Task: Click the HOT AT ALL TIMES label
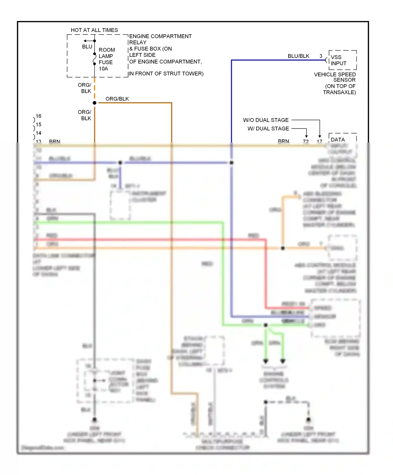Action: click(x=94, y=30)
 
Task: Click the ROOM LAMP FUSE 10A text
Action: click(x=106, y=59)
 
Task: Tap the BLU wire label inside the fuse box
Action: click(x=87, y=47)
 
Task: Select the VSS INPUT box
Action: click(x=342, y=60)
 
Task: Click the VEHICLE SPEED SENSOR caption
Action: click(x=335, y=77)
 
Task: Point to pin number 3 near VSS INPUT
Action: click(x=321, y=56)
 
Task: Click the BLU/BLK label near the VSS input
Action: click(x=298, y=56)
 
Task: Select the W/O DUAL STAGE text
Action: click(x=266, y=120)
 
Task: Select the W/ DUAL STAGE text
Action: click(x=268, y=129)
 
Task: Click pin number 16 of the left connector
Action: click(x=39, y=116)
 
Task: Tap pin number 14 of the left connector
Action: click(x=39, y=133)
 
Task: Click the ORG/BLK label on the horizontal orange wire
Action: click(x=117, y=99)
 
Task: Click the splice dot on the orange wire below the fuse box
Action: click(x=95, y=103)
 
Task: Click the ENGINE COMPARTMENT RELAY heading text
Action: click(x=160, y=39)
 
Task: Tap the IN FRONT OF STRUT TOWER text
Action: click(x=166, y=74)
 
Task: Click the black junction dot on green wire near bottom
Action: click(x=266, y=325)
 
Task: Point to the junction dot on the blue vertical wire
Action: click(x=232, y=163)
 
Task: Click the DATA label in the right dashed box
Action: click(x=338, y=140)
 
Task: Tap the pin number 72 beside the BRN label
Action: click(x=306, y=141)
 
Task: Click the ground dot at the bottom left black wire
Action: click(x=95, y=419)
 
